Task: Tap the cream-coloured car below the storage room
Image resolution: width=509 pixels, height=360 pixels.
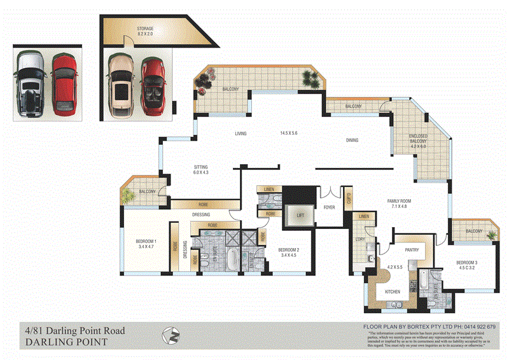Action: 121,87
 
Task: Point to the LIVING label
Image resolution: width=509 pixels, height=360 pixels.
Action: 241,134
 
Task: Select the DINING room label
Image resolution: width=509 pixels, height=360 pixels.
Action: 352,140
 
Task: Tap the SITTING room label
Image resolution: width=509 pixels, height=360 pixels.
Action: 200,169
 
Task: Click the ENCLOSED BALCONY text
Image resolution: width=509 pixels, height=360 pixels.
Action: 418,139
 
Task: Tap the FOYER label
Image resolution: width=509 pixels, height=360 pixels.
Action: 329,207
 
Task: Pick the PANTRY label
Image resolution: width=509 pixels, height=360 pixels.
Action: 412,250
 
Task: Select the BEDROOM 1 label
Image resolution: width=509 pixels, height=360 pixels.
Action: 146,242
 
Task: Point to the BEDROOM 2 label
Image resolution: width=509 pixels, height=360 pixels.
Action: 288,251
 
